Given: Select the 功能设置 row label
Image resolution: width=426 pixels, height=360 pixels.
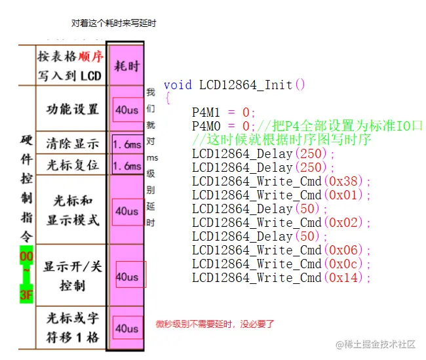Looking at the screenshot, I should [x=72, y=109].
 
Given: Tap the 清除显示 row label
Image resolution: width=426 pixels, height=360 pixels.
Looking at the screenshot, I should [x=72, y=144].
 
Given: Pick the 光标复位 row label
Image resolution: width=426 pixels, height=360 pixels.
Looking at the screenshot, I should [x=72, y=165].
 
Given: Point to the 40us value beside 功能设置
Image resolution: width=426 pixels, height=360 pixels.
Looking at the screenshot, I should [x=126, y=110].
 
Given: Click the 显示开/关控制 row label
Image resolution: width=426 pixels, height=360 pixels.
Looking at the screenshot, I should [x=72, y=276].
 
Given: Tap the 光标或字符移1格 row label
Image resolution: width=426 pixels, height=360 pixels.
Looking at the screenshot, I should [x=72, y=328].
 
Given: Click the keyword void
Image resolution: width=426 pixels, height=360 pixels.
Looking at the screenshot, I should [x=178, y=85].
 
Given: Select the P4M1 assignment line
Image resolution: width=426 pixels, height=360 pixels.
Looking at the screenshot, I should [x=223, y=112].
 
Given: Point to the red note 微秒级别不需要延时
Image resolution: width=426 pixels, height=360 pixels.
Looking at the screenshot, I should [x=215, y=324].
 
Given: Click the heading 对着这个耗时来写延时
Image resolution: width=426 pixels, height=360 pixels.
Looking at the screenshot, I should [x=113, y=23].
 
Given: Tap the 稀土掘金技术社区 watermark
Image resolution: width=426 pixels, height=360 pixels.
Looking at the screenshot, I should [x=376, y=344].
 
